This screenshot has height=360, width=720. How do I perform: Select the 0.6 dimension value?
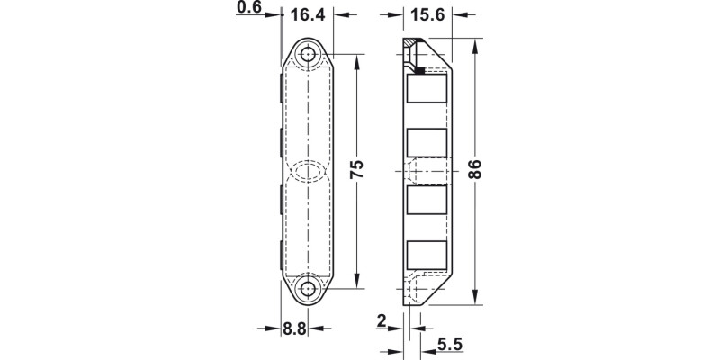pyautogui.click(x=248, y=9)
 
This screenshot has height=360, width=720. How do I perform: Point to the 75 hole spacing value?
pyautogui.click(x=357, y=169)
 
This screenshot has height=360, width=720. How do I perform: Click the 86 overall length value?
pyautogui.click(x=476, y=169)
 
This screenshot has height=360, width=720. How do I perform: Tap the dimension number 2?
pyautogui.click(x=382, y=319)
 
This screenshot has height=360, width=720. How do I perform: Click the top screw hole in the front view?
pyautogui.click(x=309, y=55)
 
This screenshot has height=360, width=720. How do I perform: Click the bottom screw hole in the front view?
pyautogui.click(x=309, y=290)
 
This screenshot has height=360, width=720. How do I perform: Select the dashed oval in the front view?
pyautogui.click(x=309, y=171)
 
